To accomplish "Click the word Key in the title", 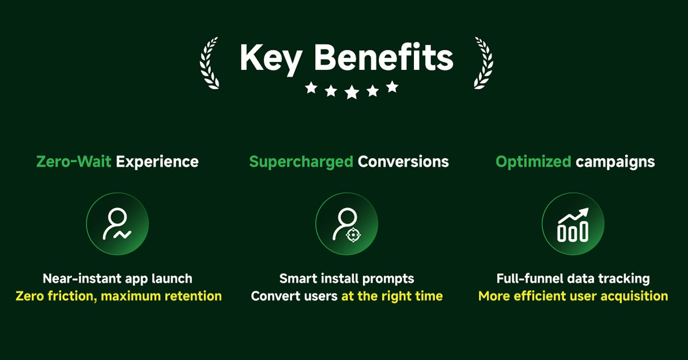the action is (271, 60).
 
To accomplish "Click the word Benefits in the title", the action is (384, 57).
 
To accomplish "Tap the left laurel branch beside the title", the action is (208, 64).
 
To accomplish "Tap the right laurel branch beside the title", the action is (484, 64).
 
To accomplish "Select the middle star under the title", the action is (351, 92).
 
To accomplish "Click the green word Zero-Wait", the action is (74, 162).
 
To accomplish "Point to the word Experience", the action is (157, 162).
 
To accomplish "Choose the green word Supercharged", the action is (301, 162).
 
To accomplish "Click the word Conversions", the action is (403, 162).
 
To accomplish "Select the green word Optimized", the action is (534, 162).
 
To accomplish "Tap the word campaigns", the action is (615, 162).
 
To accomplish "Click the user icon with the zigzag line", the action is (118, 224).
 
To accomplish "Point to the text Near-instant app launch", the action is (118, 279).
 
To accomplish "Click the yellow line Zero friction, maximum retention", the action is (119, 296).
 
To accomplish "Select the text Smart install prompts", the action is (347, 279).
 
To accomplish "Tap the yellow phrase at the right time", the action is (392, 296).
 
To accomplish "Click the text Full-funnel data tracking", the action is (573, 279).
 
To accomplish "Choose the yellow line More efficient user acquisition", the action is (573, 296).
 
